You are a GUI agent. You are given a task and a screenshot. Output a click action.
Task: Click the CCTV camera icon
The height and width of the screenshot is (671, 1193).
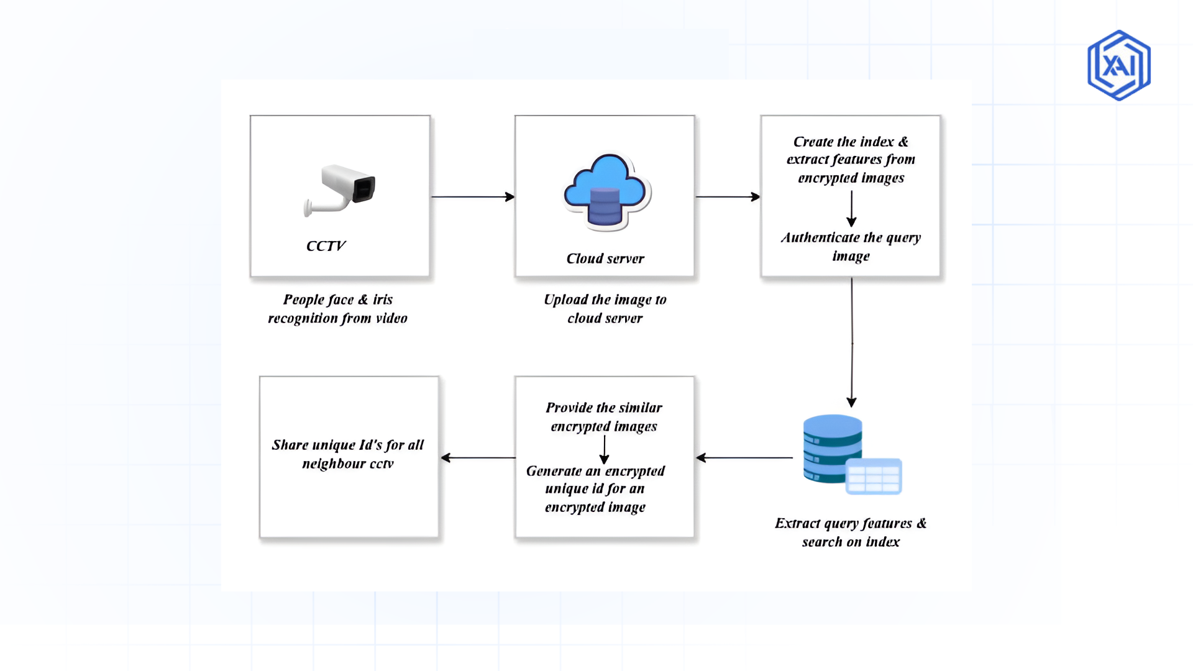point(341,189)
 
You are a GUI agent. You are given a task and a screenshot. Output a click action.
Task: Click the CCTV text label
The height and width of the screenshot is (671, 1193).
point(326,246)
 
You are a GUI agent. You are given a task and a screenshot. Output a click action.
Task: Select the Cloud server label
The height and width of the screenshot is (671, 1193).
point(605,258)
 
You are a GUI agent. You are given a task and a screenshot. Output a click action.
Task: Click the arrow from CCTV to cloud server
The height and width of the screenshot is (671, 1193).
point(472,197)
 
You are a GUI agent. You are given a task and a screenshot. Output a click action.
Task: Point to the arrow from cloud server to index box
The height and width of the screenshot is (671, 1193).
point(727,197)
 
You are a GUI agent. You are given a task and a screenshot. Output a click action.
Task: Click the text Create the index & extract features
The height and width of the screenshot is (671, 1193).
point(851,160)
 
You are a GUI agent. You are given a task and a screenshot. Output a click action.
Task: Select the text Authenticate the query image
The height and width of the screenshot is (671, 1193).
point(851,247)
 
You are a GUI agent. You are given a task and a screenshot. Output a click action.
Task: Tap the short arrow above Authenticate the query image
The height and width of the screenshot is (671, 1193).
point(851,209)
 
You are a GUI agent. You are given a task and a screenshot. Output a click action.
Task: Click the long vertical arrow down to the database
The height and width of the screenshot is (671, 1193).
point(851,342)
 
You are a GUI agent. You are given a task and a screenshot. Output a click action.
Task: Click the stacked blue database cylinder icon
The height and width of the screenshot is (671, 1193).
point(831,449)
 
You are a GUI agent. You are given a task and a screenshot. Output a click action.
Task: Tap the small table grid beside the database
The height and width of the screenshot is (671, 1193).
point(874,477)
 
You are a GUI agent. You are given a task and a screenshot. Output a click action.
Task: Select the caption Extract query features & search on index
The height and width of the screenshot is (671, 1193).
point(851,532)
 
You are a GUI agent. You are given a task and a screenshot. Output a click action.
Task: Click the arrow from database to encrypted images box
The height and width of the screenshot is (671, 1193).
point(744,458)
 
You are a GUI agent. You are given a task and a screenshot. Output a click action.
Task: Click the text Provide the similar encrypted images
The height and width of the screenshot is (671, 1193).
point(603,417)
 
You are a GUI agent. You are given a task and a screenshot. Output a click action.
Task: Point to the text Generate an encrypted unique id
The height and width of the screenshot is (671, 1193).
point(595,489)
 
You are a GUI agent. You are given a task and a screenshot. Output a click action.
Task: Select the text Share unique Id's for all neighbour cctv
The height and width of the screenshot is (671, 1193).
point(348,454)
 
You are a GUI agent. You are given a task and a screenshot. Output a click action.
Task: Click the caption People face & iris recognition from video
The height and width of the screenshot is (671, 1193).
point(337,309)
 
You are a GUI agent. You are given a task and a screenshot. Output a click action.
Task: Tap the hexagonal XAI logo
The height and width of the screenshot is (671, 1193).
point(1118,65)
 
